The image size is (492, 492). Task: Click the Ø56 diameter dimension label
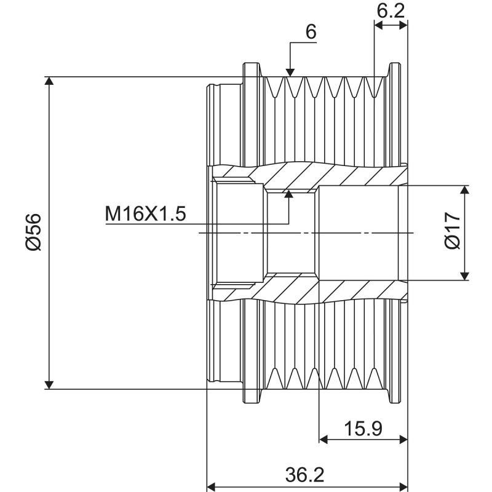coord(33,233)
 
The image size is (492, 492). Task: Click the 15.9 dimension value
coord(363,429)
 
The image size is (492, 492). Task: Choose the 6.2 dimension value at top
coord(391,10)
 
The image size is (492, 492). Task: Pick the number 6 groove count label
coord(311,32)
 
